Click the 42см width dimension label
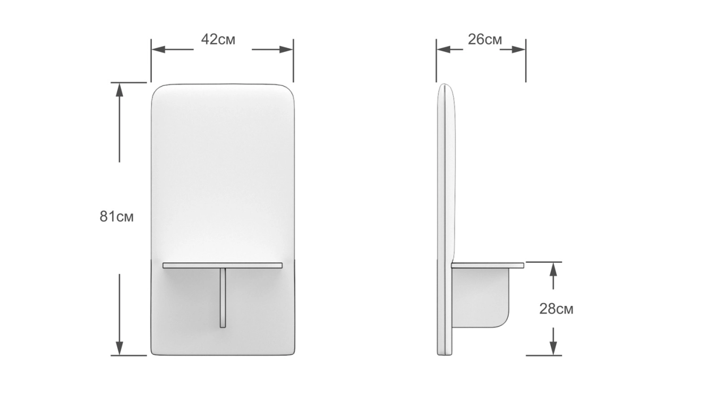(x=218, y=39)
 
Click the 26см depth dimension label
(x=484, y=39)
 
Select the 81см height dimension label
(x=116, y=217)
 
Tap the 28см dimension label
(x=556, y=309)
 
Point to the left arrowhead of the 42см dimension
(x=158, y=49)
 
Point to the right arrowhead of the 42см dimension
(x=286, y=49)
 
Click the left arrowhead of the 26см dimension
(x=443, y=49)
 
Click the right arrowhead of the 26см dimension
(x=518, y=49)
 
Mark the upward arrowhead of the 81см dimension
(x=119, y=90)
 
